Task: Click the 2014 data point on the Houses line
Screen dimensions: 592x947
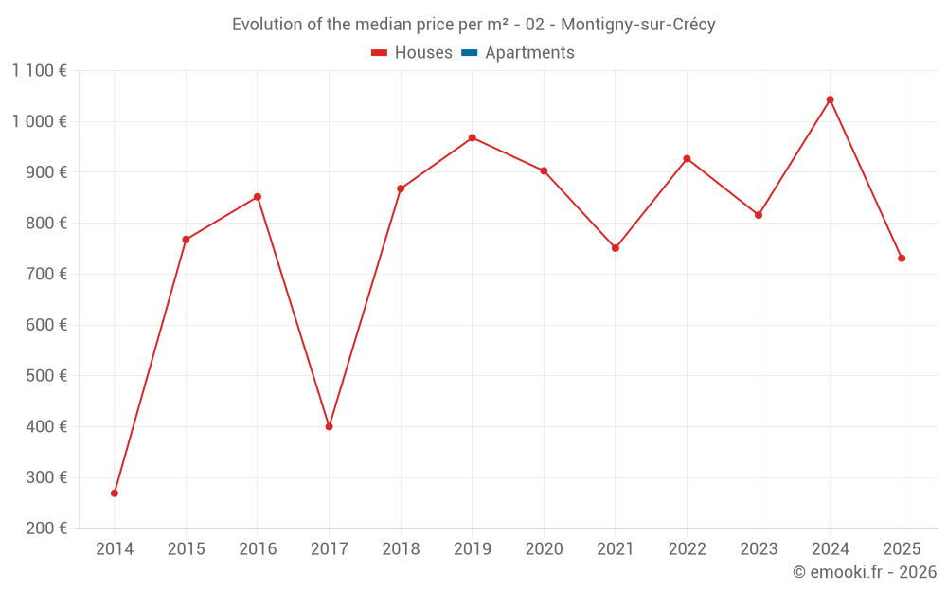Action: (x=115, y=493)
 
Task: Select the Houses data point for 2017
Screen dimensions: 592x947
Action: (x=330, y=426)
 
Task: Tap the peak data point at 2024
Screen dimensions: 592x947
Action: (x=831, y=99)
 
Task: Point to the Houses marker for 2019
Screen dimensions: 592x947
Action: (x=473, y=137)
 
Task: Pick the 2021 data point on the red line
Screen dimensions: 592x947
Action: (x=616, y=248)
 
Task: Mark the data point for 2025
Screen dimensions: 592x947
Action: (x=902, y=259)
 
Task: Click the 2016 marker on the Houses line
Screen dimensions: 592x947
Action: (x=258, y=197)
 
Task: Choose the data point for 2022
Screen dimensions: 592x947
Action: (x=688, y=158)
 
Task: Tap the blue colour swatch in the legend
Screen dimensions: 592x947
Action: (x=470, y=53)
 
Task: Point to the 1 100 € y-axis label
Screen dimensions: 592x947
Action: (x=40, y=70)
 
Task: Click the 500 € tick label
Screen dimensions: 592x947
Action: (x=45, y=376)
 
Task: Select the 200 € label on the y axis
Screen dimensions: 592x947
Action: (x=45, y=529)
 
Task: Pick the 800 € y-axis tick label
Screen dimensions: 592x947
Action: (x=45, y=224)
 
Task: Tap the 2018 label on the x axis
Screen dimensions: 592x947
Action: (x=401, y=549)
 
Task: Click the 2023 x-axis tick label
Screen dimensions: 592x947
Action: (x=759, y=549)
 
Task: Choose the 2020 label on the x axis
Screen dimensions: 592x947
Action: (x=544, y=549)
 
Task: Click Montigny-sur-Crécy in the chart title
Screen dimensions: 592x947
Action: (x=638, y=25)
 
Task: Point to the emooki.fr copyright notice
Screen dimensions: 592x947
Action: (x=865, y=572)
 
